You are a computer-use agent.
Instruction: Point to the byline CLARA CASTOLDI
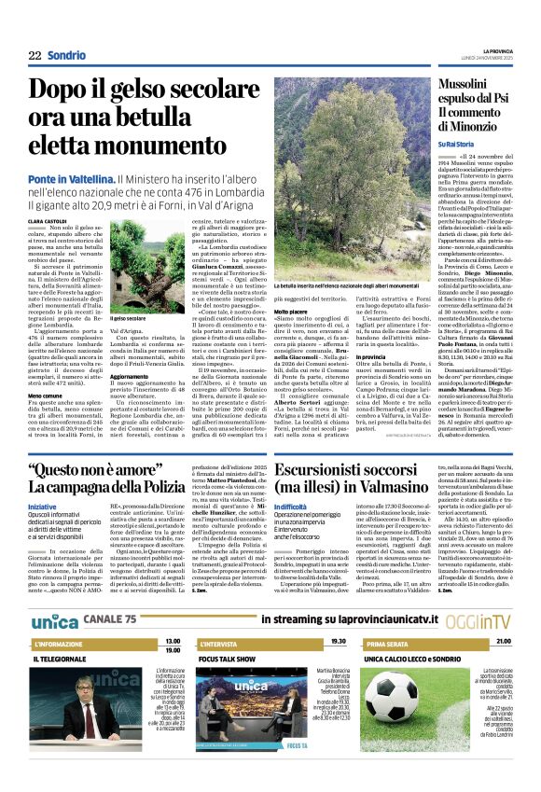point(49,220)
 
